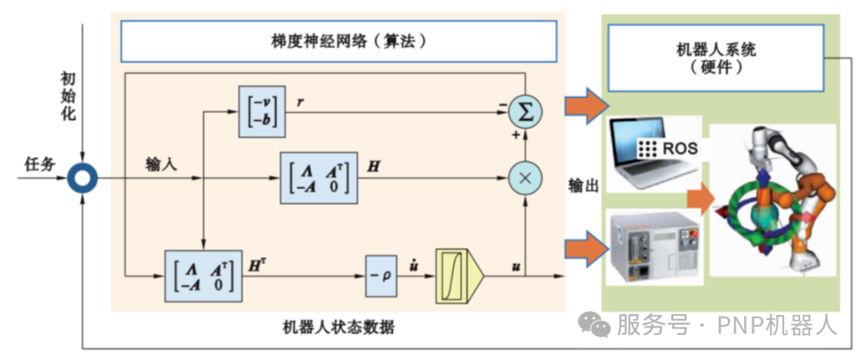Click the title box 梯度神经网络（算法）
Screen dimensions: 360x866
pyautogui.click(x=338, y=41)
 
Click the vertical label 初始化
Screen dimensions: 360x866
pyautogui.click(x=68, y=95)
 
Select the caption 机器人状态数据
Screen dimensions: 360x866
pyautogui.click(x=338, y=327)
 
